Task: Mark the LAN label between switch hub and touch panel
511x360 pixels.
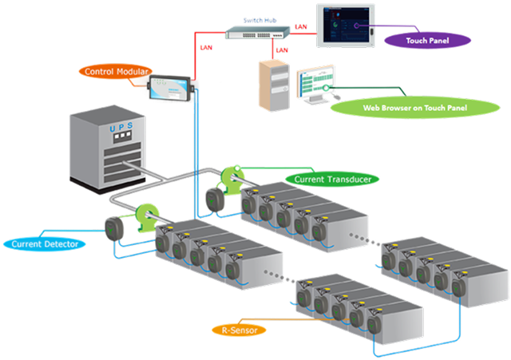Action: coord(301,27)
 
